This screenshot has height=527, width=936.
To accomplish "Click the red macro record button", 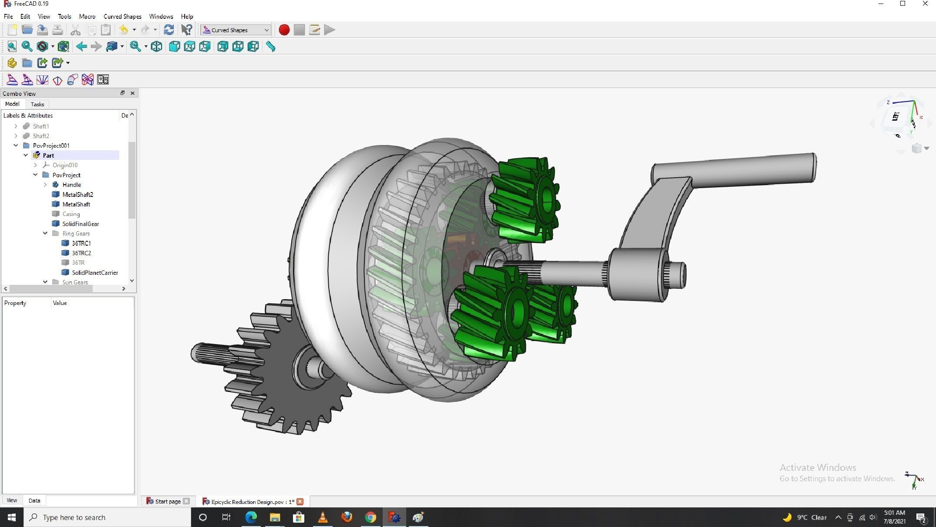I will pyautogui.click(x=284, y=30).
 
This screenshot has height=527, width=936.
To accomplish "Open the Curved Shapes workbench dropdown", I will pyautogui.click(x=236, y=30).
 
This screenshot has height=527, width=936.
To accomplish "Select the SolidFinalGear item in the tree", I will pyautogui.click(x=81, y=224).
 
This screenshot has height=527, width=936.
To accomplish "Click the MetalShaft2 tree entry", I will pyautogui.click(x=77, y=195).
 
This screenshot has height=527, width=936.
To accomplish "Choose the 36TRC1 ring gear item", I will pyautogui.click(x=81, y=243).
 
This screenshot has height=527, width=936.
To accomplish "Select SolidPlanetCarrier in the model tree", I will pyautogui.click(x=95, y=273).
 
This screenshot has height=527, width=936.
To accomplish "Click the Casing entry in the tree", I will pyautogui.click(x=71, y=214).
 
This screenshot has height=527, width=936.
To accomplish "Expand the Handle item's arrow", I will pyautogui.click(x=45, y=185).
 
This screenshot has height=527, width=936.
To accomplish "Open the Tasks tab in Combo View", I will pyautogui.click(x=37, y=105).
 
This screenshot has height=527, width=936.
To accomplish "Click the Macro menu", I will pyautogui.click(x=87, y=17).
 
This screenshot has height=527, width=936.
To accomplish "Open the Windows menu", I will pyautogui.click(x=161, y=17).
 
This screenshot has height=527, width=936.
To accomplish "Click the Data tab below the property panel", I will pyautogui.click(x=34, y=500).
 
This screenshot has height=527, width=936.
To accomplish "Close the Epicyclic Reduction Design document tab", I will pyautogui.click(x=300, y=502).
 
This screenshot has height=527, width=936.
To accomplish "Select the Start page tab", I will pyautogui.click(x=168, y=502).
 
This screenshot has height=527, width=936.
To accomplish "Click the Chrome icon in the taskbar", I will pyautogui.click(x=370, y=517).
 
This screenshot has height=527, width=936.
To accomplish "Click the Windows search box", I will pyautogui.click(x=109, y=517).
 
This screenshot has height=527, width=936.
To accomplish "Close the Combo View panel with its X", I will pyautogui.click(x=132, y=93).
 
